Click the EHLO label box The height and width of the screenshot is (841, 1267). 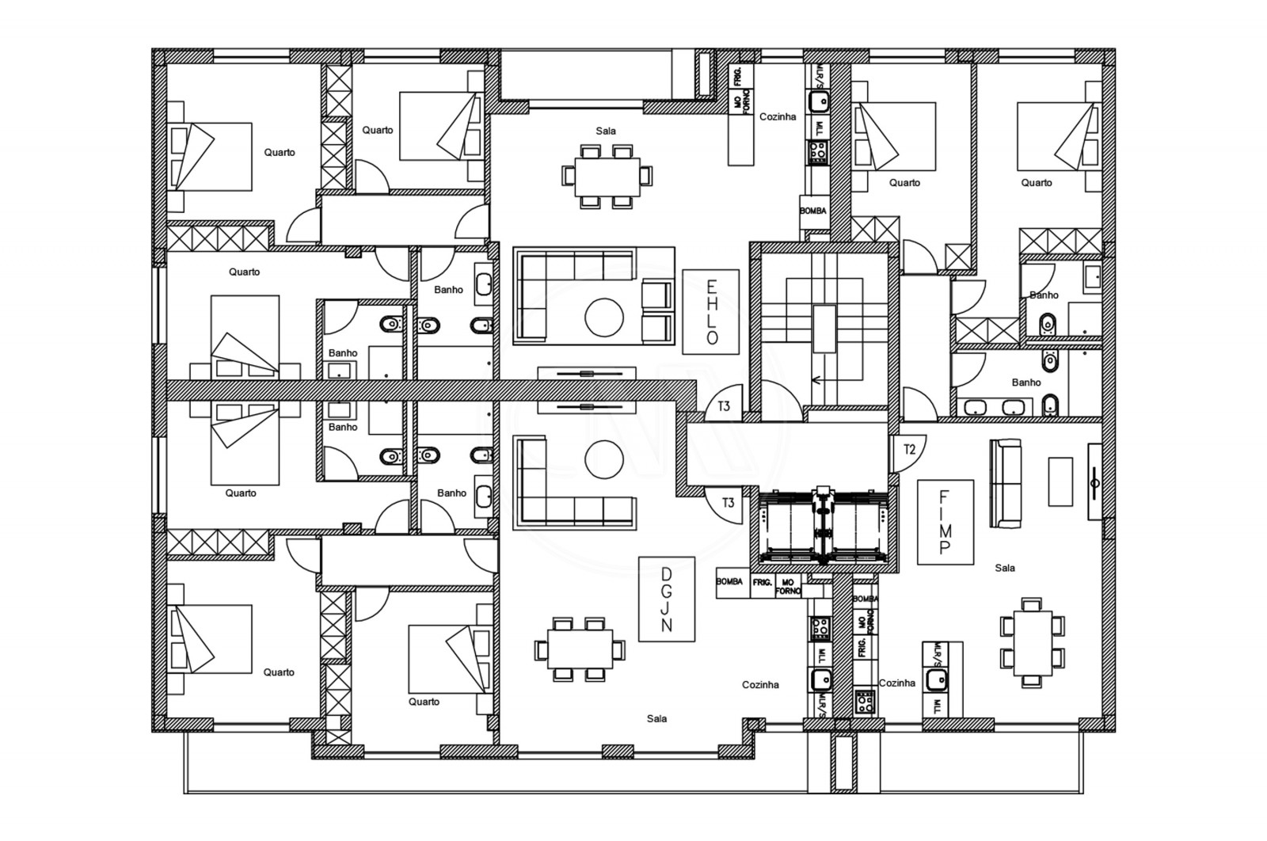pyautogui.click(x=710, y=311)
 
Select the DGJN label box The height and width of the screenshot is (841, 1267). pyautogui.click(x=666, y=599)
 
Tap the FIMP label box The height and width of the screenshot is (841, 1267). pyautogui.click(x=945, y=522)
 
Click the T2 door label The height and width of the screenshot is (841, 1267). pyautogui.click(x=910, y=450)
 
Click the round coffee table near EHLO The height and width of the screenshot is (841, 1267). pyautogui.click(x=604, y=317)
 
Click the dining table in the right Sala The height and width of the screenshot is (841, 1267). pyautogui.click(x=1033, y=642)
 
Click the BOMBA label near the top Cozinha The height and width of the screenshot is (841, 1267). pyautogui.click(x=813, y=211)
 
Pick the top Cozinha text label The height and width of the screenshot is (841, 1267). pyautogui.click(x=778, y=116)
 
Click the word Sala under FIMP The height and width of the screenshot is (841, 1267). pyautogui.click(x=1005, y=568)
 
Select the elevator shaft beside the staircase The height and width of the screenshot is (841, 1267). pyautogui.click(x=824, y=526)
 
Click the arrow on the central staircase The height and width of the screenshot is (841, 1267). pyautogui.click(x=824, y=379)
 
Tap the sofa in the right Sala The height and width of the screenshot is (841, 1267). pyautogui.click(x=1006, y=484)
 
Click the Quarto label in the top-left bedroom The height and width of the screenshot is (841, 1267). pyautogui.click(x=280, y=152)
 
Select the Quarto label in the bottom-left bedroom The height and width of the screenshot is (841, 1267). pyautogui.click(x=279, y=672)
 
